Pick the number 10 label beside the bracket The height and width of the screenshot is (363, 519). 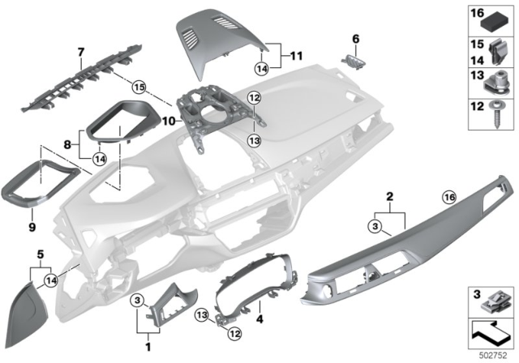point(166,121)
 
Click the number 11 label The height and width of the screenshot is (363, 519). point(295,58)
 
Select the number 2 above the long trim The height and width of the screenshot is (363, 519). point(390,197)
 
